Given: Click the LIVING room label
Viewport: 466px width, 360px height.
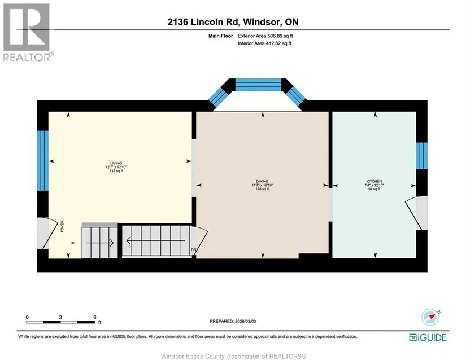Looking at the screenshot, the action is coord(116,163).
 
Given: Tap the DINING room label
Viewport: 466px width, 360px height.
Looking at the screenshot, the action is coord(262,181).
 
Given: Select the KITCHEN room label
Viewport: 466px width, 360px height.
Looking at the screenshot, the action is coord(374,181).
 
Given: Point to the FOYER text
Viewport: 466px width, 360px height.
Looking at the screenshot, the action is coord(62,226).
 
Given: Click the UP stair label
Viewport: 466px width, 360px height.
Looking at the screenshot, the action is coord(73,243).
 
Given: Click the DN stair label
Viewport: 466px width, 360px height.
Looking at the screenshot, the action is coord(194,250).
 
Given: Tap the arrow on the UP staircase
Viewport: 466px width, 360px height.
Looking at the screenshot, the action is coord(100,243).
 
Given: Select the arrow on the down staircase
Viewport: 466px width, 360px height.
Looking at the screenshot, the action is coord(156,241).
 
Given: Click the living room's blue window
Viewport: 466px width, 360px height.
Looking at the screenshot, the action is coord(42,161).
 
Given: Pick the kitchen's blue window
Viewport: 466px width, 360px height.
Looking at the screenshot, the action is coord(422,156).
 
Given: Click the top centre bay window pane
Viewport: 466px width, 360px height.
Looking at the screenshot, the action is coord(258,85).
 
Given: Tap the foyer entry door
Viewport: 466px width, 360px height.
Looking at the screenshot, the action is coord(47,234).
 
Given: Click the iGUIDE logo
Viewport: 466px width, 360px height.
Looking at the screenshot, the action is coord(428,337).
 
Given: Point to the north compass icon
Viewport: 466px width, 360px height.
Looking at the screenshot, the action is coord(430,317).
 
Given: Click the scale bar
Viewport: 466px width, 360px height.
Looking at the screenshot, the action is coord(61,322).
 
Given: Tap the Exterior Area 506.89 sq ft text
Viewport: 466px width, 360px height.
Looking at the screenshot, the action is coord(265,36).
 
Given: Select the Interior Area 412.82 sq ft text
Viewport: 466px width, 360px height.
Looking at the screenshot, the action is coord(264,43).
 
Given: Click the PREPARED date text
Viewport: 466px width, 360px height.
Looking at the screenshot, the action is coord(233,321).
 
